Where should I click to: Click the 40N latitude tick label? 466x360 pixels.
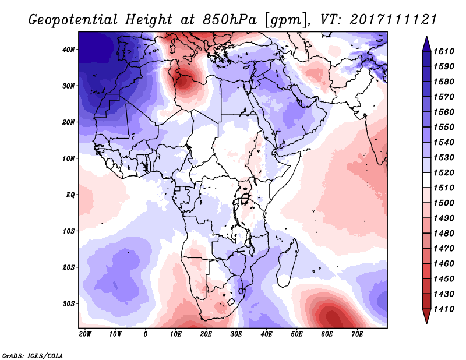[69, 50]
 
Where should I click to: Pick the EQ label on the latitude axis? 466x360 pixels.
[70, 195]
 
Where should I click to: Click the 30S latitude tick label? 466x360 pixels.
[69, 303]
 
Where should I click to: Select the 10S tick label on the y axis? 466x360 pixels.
[69, 231]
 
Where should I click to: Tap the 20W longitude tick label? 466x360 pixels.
[85, 334]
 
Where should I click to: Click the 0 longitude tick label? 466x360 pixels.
[146, 334]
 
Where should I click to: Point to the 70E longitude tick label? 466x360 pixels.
[358, 334]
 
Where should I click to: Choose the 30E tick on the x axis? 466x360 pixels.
[236, 334]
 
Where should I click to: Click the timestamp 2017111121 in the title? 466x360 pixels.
[394, 19]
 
